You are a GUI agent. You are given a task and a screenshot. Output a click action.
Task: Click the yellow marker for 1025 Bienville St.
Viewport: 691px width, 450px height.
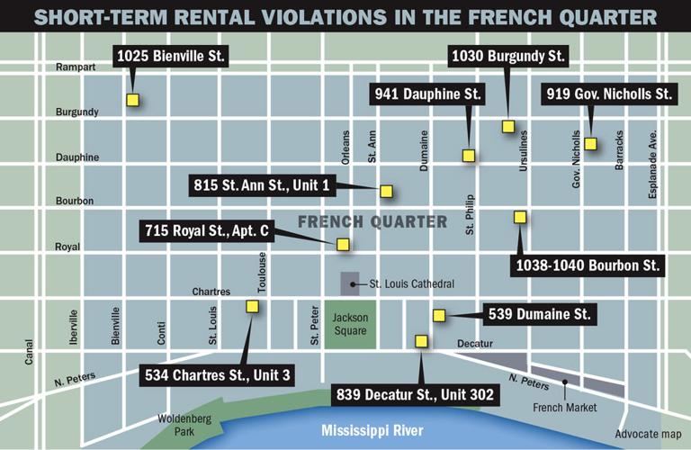(132, 101)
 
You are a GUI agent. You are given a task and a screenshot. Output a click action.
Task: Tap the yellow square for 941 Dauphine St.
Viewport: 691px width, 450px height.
(468, 155)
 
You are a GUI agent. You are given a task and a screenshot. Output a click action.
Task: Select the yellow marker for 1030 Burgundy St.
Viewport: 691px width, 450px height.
(507, 127)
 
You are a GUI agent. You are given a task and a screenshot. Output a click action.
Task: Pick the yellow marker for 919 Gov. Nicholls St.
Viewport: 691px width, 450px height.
(590, 143)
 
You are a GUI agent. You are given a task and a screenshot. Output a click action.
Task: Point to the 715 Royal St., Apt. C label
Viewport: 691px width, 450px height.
(208, 231)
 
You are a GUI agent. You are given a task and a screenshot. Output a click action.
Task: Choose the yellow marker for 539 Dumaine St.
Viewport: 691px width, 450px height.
(439, 315)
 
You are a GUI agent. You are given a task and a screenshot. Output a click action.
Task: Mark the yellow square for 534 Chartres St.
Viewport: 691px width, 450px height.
(252, 306)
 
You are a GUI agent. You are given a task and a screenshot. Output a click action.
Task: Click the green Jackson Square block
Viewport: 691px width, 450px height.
(349, 325)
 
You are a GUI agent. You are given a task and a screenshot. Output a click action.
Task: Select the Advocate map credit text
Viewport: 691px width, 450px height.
(647, 435)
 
